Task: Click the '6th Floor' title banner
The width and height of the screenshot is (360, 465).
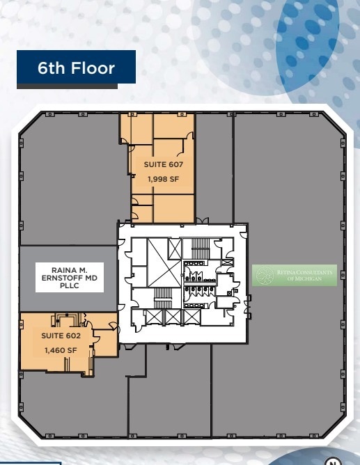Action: (76, 69)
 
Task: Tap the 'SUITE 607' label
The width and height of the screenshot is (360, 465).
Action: (163, 165)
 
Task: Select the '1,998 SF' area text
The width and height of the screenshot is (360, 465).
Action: (163, 178)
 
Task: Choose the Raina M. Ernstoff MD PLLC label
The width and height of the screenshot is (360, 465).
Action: (68, 277)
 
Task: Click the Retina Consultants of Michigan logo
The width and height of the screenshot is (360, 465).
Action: (294, 276)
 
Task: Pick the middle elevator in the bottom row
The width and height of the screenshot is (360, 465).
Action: (173, 317)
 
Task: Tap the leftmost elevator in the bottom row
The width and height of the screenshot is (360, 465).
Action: (154, 317)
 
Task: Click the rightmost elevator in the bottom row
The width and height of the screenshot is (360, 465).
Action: (191, 317)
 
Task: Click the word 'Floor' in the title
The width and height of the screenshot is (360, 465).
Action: (93, 69)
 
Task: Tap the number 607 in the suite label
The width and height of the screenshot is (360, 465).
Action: (175, 165)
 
